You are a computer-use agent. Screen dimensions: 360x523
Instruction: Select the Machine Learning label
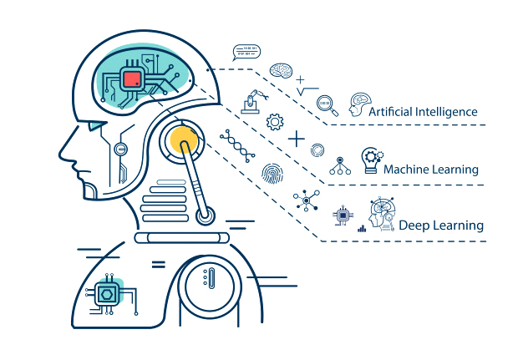click(x=430, y=170)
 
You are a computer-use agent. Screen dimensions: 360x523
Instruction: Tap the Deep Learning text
click(x=441, y=226)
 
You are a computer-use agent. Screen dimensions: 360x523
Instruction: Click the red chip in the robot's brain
click(x=132, y=80)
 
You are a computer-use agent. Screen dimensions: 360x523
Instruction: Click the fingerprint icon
click(x=273, y=175)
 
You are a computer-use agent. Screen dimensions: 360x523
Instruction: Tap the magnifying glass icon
click(x=328, y=106)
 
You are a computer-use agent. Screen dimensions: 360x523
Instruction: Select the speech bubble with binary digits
click(x=246, y=53)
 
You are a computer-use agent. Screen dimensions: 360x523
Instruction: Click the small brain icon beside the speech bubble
click(x=280, y=73)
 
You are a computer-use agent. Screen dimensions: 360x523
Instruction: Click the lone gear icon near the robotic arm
click(x=275, y=122)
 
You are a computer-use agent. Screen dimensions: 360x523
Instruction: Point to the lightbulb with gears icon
click(x=370, y=160)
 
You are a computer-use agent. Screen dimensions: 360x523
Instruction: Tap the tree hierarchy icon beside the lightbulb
click(x=339, y=165)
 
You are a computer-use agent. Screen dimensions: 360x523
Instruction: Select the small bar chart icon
click(x=362, y=227)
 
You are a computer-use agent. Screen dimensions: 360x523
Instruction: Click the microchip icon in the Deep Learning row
click(x=341, y=216)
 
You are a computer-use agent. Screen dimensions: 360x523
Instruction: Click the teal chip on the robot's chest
click(x=108, y=293)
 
